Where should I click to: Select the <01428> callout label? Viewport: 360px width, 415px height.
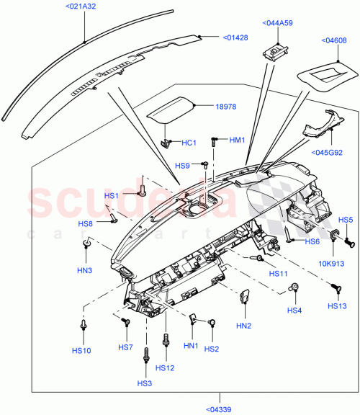(x=235, y=37)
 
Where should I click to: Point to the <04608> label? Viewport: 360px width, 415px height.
(x=333, y=41)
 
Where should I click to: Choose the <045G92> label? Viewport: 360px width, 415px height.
(x=328, y=152)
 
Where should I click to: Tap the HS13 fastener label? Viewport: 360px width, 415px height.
(x=337, y=306)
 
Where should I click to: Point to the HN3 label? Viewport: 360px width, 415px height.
(x=85, y=270)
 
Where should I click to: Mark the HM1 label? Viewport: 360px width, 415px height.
(x=238, y=140)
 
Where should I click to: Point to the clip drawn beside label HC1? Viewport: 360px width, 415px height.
(x=167, y=141)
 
